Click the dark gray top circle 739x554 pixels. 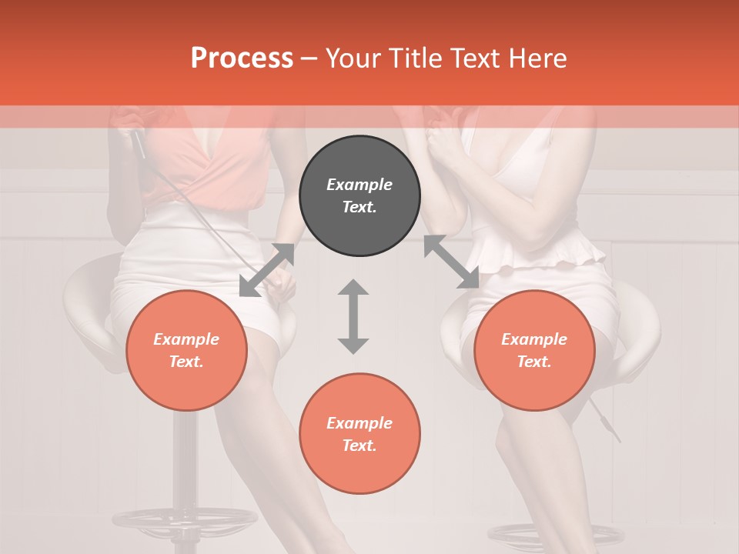click(359, 196)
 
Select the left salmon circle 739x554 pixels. click(186, 351)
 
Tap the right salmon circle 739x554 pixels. click(534, 351)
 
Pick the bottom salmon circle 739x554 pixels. click(359, 434)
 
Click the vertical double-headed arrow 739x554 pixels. click(353, 316)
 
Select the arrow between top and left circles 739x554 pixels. click(267, 269)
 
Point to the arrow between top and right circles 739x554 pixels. click(451, 262)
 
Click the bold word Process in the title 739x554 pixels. click(242, 58)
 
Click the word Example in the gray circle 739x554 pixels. click(359, 185)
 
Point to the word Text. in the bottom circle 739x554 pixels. click(359, 446)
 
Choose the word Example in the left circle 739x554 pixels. click(186, 339)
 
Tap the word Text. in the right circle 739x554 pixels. click(534, 362)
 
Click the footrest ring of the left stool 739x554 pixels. click(185, 519)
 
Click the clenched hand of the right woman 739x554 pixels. click(443, 142)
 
